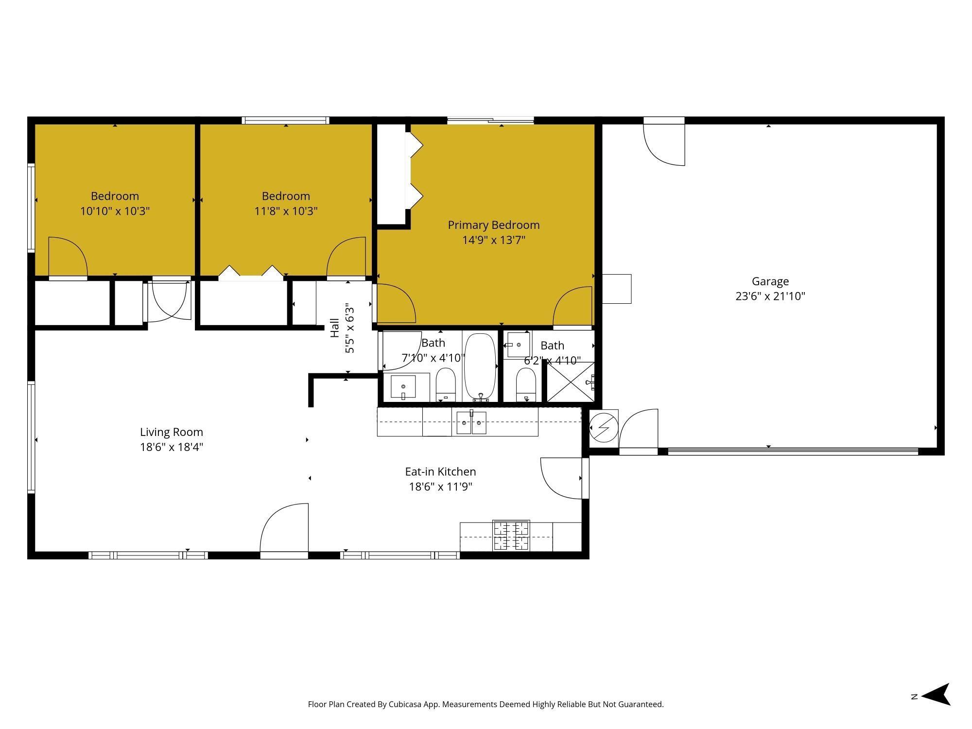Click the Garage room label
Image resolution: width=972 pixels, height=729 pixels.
(770, 281)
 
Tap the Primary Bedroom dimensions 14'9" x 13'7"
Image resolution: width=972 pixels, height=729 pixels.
(494, 240)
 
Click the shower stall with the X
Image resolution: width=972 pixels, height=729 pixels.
(570, 382)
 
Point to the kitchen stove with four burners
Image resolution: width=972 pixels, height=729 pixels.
(511, 536)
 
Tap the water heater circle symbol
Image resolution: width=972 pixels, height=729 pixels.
(603, 428)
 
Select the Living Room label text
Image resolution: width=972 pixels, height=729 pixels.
(171, 432)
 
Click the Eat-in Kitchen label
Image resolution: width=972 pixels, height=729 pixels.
(440, 471)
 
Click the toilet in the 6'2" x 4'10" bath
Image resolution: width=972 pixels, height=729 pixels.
(525, 384)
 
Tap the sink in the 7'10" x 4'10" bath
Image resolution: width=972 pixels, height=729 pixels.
(403, 386)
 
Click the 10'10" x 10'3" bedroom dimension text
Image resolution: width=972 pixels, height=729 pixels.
(115, 211)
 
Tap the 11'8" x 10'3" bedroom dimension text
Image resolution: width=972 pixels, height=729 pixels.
(286, 211)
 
